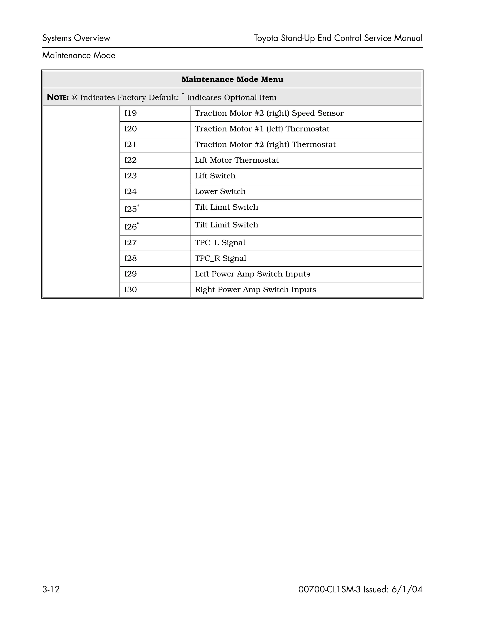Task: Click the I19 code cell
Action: coord(131,113)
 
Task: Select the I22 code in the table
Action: coord(131,160)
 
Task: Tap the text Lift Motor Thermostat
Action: coord(236,160)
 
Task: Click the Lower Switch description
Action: coord(220,191)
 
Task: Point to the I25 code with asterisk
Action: coord(131,209)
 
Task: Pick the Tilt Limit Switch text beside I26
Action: coord(226,225)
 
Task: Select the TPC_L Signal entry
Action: coord(220,243)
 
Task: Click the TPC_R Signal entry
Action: coord(220,258)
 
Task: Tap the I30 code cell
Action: coord(131,290)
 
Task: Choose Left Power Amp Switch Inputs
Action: coord(252,274)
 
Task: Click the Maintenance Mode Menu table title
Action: coord(232,79)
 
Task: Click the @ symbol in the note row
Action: coord(74,97)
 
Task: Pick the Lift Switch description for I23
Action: coord(215,176)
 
